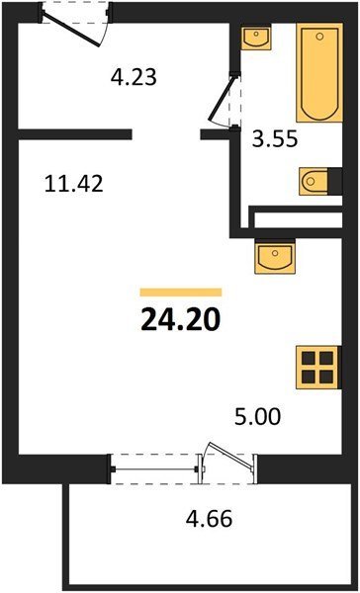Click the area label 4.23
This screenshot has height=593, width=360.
[x=134, y=78]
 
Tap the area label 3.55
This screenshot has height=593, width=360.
[x=275, y=139]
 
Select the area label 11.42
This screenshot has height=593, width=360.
[x=74, y=185]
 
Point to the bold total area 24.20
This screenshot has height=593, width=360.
[x=181, y=320]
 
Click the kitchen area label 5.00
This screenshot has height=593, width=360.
[x=258, y=417]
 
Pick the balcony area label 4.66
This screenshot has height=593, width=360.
[x=209, y=519]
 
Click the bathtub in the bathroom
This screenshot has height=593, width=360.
[x=319, y=72]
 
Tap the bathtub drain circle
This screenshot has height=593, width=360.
[x=319, y=37]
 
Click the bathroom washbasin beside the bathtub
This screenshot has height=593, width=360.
[x=256, y=38]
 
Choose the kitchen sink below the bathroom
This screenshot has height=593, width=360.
[x=275, y=257]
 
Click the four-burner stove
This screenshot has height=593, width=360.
[x=318, y=367]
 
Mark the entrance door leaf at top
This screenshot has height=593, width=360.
[x=71, y=29]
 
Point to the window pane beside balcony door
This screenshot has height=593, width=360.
[x=154, y=469]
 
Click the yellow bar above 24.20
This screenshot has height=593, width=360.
[x=181, y=292]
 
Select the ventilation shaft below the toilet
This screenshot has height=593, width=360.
[x=299, y=219]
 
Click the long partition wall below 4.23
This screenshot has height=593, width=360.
[x=75, y=134]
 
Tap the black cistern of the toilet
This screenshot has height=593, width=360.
[x=335, y=182]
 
